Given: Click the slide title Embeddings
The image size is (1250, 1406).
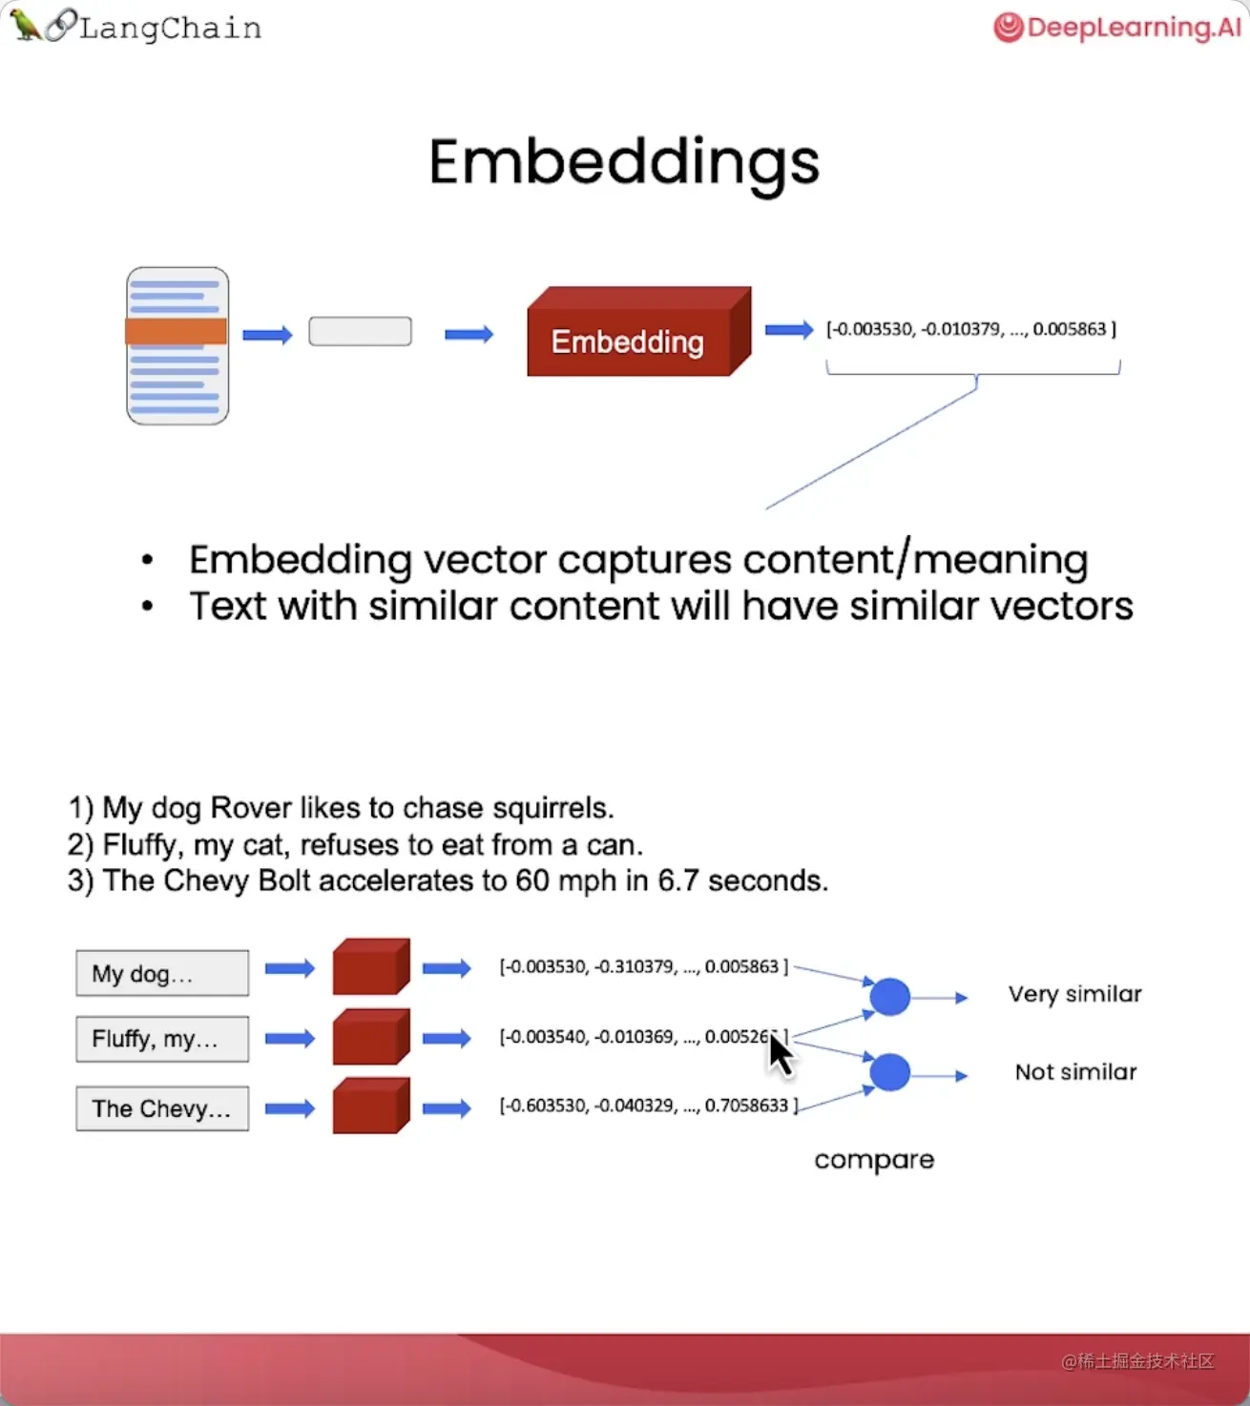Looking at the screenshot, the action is pyautogui.click(x=624, y=164).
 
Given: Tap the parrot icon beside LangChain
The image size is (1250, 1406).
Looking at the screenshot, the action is pyautogui.click(x=25, y=25).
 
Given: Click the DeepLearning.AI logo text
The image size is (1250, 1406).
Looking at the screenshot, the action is pyautogui.click(x=1134, y=28).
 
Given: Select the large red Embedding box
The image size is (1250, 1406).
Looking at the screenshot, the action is pyautogui.click(x=639, y=331).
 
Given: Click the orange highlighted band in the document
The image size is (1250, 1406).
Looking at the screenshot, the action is pyautogui.click(x=177, y=331).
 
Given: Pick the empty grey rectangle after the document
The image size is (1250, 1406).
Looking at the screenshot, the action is pyautogui.click(x=360, y=331).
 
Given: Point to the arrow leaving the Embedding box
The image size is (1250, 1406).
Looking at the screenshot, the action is pyautogui.click(x=789, y=330).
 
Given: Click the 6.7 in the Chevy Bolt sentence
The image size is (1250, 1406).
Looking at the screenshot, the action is pyautogui.click(x=677, y=880).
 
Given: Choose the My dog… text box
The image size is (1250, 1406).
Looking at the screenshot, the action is pyautogui.click(x=162, y=973).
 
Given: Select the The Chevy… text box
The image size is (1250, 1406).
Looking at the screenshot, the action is pyautogui.click(x=162, y=1108).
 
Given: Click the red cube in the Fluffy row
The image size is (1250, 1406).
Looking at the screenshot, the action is pyautogui.click(x=371, y=1037).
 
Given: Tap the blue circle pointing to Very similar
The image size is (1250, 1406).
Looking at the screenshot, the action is pyautogui.click(x=889, y=997).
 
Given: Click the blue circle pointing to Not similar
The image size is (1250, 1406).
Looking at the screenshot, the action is pyautogui.click(x=889, y=1072).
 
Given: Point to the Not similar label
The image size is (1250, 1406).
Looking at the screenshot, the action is pyautogui.click(x=1075, y=1072).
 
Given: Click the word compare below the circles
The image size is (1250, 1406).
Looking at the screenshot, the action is pyautogui.click(x=874, y=1160).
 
